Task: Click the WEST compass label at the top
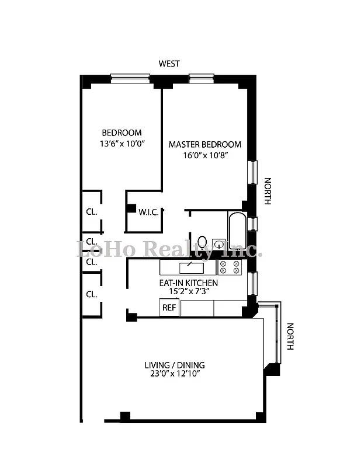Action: [x=169, y=64]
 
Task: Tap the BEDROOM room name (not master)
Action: [x=122, y=133]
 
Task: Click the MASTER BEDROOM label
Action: [x=204, y=144]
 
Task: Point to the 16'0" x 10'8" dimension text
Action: [x=204, y=155]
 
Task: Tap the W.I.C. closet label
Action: [x=148, y=212]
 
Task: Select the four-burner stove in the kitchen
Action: [x=230, y=267]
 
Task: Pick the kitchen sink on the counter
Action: [x=190, y=267]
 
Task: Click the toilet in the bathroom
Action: [x=202, y=241]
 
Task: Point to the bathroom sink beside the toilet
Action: [x=218, y=243]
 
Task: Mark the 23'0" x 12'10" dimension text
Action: [x=174, y=375]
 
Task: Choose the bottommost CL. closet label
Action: [x=91, y=294]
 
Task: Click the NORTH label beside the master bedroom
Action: [x=268, y=191]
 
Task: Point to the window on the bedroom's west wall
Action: [x=130, y=76]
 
